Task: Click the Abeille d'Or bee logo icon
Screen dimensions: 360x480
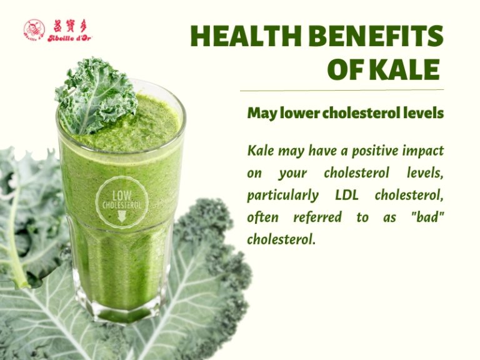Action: point(34,29)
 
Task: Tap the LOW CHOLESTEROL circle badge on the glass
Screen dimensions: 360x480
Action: point(121,201)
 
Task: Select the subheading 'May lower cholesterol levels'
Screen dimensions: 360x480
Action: point(345,113)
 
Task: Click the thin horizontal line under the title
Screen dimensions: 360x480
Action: point(341,90)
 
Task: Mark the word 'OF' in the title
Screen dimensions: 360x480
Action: point(346,69)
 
